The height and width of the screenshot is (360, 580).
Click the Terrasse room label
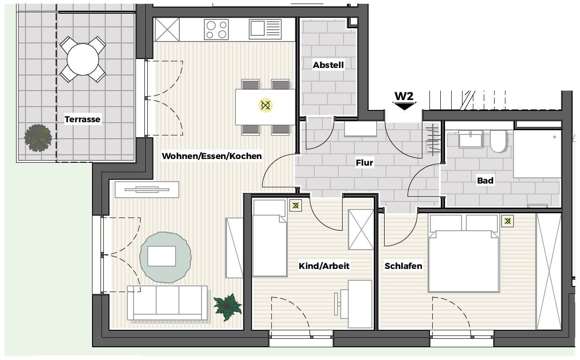tap(82, 119)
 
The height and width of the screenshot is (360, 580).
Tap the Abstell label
tap(328, 65)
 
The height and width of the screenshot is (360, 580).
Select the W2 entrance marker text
tap(404, 96)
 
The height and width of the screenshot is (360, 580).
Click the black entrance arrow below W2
tap(404, 106)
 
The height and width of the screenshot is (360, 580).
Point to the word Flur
tap(364, 163)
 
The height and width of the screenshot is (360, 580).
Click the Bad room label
tap(485, 180)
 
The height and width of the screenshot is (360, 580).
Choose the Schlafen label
tap(403, 266)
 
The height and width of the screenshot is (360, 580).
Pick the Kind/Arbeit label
tap(324, 266)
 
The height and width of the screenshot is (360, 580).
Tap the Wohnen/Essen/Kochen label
tap(211, 156)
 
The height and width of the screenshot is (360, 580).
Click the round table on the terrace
tap(83, 59)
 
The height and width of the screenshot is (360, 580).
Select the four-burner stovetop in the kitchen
tap(216, 30)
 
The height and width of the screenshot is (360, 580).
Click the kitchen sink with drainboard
tap(265, 29)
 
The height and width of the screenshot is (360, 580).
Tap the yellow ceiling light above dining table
tap(265, 105)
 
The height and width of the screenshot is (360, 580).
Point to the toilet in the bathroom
tap(498, 141)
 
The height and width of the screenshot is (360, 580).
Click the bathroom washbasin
tap(471, 139)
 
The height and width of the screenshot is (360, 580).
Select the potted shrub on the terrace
tap(38, 138)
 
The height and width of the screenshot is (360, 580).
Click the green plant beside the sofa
tap(227, 307)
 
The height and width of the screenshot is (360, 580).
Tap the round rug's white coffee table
tap(161, 256)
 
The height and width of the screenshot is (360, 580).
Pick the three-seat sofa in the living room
tap(167, 303)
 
